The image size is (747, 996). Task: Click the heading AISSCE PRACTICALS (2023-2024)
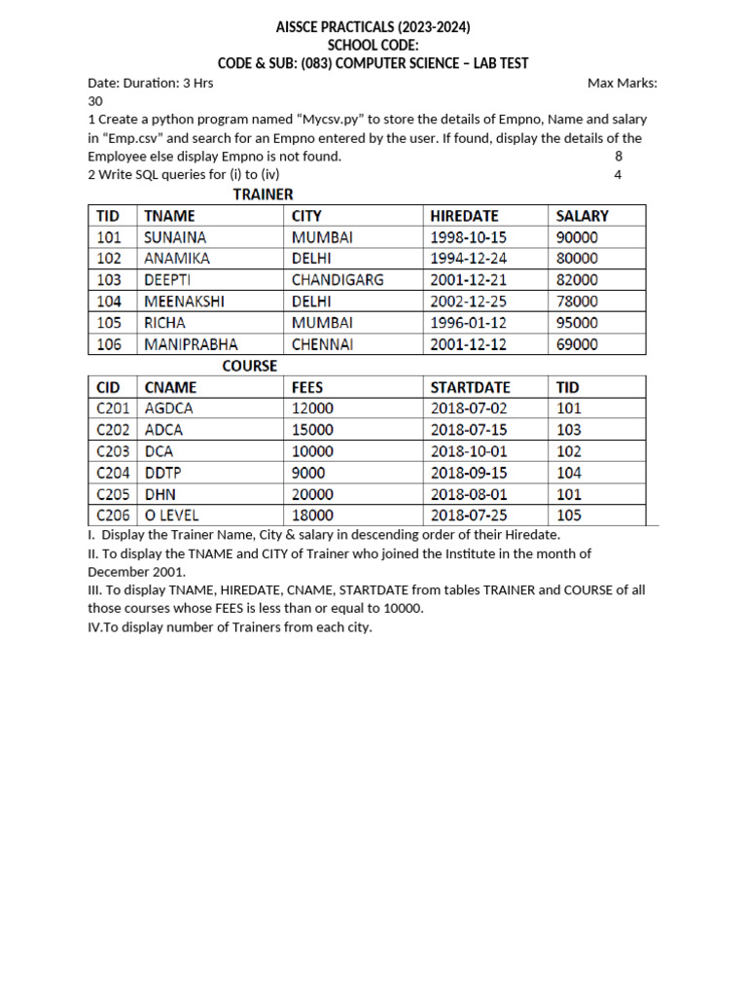[x=373, y=26]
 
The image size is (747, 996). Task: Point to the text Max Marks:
[x=622, y=83]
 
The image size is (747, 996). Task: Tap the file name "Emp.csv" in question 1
[x=131, y=138]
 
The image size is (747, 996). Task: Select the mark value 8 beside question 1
[x=619, y=157]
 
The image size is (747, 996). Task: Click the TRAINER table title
[x=263, y=195]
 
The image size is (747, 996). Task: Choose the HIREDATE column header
[x=464, y=216]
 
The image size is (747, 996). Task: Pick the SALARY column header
[x=582, y=216]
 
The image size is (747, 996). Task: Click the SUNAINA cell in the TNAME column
[x=175, y=237]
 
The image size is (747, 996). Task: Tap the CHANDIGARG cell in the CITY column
[x=338, y=280]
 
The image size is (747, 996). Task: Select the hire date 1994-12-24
[x=469, y=259]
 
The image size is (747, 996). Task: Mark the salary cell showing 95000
[x=577, y=323]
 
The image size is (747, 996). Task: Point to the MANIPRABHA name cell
[x=191, y=344]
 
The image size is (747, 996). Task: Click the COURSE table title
[x=250, y=366]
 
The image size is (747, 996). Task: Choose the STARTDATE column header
[x=470, y=387]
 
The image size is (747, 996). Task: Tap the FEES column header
[x=308, y=387]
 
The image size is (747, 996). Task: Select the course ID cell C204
[x=113, y=473]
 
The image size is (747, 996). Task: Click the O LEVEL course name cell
[x=172, y=516]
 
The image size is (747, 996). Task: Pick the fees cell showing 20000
[x=313, y=494]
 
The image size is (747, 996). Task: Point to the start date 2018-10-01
[x=469, y=451]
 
